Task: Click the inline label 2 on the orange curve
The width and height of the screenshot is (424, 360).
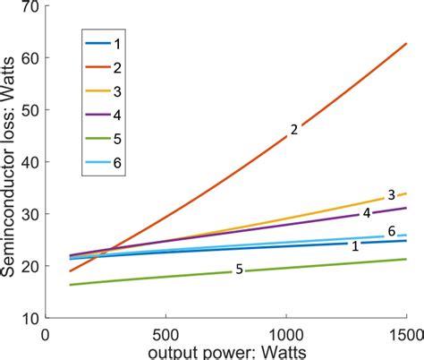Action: click(293, 131)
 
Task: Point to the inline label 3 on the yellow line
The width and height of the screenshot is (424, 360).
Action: click(391, 195)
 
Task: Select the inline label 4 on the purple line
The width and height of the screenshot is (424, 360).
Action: click(366, 213)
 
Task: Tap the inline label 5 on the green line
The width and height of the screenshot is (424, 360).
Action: click(239, 269)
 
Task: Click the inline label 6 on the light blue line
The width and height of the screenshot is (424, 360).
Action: click(391, 232)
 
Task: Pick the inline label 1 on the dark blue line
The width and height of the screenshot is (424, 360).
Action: click(355, 245)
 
